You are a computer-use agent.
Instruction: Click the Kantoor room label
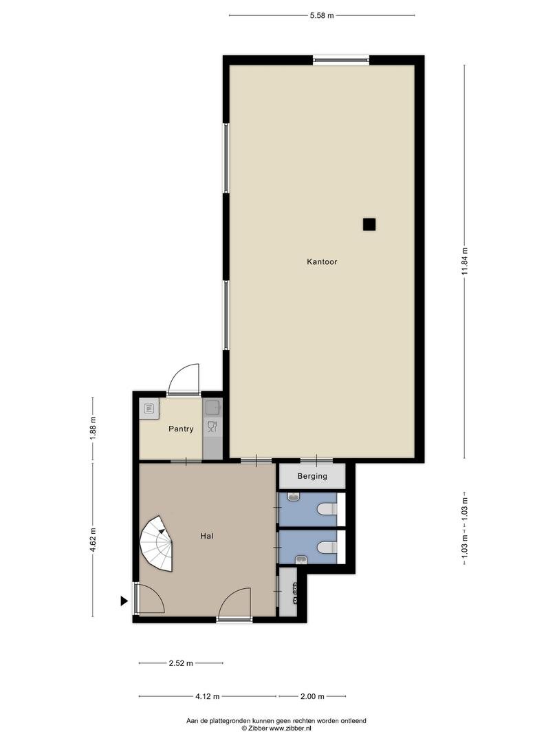pyautogui.click(x=322, y=261)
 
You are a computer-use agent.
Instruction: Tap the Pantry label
pyautogui.click(x=181, y=429)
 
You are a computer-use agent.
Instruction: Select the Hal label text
pyautogui.click(x=206, y=536)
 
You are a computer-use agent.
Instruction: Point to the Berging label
pyautogui.click(x=312, y=476)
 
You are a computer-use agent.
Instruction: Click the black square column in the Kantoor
pyautogui.click(x=369, y=224)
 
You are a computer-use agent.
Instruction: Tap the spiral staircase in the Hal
pyautogui.click(x=156, y=543)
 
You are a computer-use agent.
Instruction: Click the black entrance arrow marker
pyautogui.click(x=124, y=601)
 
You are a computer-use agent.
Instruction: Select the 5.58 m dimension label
pyautogui.click(x=322, y=15)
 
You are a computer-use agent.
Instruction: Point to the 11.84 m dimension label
pyautogui.click(x=465, y=261)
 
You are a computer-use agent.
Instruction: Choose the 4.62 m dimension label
pyautogui.click(x=93, y=540)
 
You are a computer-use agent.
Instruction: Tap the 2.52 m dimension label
pyautogui.click(x=181, y=663)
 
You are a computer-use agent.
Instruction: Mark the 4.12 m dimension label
pyautogui.click(x=208, y=696)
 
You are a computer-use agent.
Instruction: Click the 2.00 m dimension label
pyautogui.click(x=312, y=696)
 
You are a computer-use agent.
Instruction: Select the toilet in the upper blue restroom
pyautogui.click(x=327, y=509)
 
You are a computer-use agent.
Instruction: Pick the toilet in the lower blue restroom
pyautogui.click(x=327, y=548)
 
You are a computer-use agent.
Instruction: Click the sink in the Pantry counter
pyautogui.click(x=212, y=407)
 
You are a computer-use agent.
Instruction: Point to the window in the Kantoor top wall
pyautogui.click(x=340, y=60)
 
